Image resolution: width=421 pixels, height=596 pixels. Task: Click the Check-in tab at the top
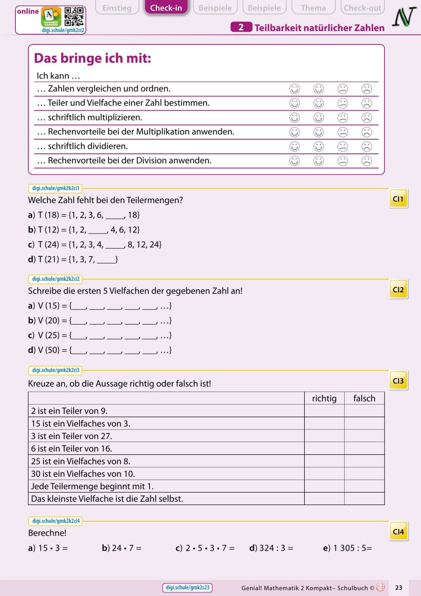(x=166, y=8)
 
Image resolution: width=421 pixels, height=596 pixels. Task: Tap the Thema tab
(x=313, y=8)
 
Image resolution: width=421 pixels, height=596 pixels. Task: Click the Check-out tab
(x=363, y=8)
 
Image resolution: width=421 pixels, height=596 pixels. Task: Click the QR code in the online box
(x=74, y=17)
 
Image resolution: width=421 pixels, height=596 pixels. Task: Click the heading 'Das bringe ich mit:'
(x=93, y=58)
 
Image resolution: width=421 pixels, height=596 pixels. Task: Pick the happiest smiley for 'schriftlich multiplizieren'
(x=295, y=118)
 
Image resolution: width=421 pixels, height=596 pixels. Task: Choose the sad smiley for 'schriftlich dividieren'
(x=367, y=146)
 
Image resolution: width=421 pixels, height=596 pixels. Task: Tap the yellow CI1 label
(x=398, y=199)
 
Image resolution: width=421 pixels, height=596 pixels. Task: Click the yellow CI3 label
(x=398, y=381)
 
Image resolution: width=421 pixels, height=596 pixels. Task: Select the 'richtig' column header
(x=324, y=398)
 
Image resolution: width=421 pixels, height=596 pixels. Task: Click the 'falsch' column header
(x=364, y=398)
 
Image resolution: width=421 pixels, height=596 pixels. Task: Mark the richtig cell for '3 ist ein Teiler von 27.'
(x=324, y=436)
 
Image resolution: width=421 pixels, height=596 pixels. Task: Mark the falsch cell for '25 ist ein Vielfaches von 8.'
(x=364, y=461)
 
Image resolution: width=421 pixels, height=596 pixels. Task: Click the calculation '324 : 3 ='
(x=272, y=548)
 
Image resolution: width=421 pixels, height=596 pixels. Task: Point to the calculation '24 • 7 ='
(x=122, y=548)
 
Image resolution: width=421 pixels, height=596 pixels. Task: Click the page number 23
(x=398, y=588)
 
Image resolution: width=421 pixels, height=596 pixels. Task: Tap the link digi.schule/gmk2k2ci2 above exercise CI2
(x=55, y=279)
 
